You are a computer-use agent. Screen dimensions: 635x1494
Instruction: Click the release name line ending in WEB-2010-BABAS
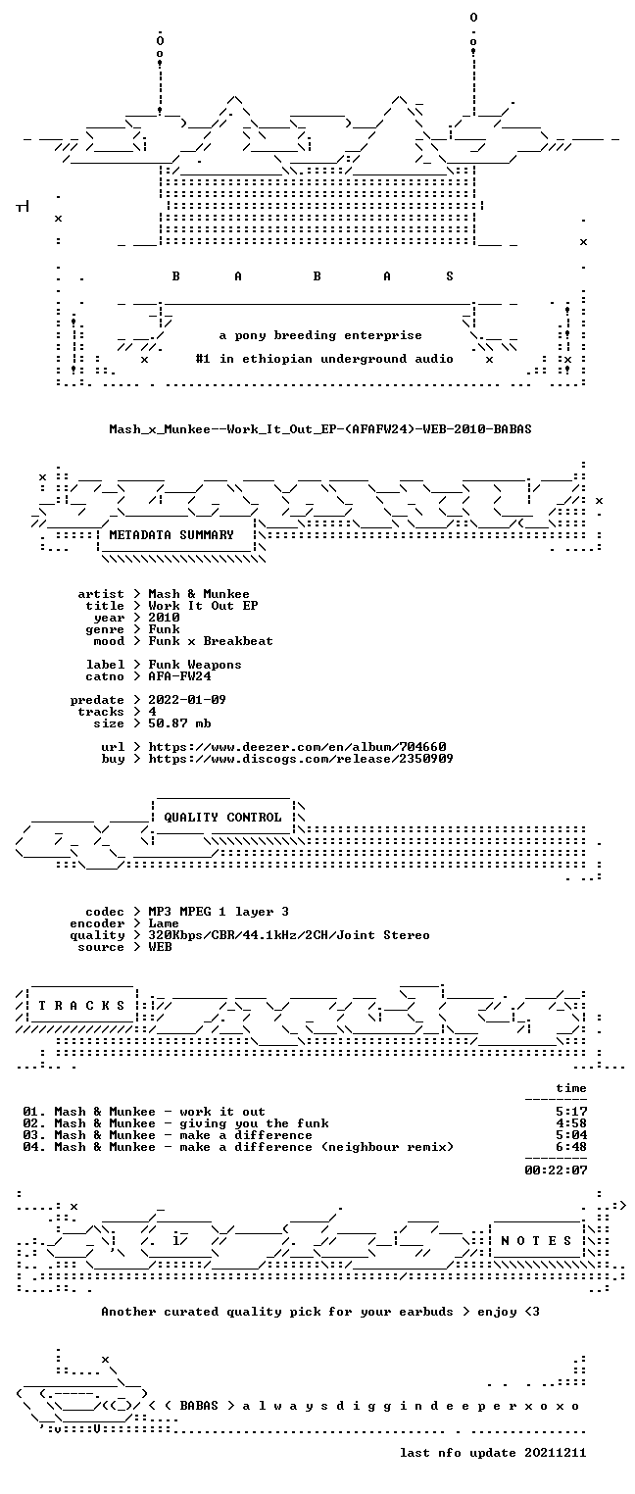320,429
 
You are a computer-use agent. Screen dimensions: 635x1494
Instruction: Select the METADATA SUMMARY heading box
176,535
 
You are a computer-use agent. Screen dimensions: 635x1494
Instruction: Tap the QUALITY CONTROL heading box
222,817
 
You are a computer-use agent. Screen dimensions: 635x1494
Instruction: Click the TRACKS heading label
82,1005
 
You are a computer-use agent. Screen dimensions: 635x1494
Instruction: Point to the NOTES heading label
536,1240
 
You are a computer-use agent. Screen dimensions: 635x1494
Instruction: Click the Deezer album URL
298,747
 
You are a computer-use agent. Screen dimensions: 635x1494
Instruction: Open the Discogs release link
301,759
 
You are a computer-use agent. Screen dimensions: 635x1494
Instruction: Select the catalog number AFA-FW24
179,675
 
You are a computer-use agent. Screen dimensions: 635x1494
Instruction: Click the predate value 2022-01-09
187,700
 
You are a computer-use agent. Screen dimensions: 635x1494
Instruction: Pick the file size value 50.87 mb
179,723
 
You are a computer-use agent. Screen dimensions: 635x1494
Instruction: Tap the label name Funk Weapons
195,665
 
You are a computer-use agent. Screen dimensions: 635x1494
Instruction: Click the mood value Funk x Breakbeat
211,641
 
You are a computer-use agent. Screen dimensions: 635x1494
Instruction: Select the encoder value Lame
164,923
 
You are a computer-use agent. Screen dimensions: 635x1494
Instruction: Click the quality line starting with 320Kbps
289,935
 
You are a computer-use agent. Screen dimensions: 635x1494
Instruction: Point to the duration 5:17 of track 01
571,1112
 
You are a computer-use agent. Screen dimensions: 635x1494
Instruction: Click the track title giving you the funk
254,1123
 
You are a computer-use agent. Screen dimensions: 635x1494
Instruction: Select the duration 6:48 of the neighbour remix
571,1147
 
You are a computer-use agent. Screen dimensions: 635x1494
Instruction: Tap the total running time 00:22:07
556,1170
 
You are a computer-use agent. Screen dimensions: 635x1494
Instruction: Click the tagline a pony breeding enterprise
320,335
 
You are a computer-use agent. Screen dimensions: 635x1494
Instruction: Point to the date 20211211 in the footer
556,1453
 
